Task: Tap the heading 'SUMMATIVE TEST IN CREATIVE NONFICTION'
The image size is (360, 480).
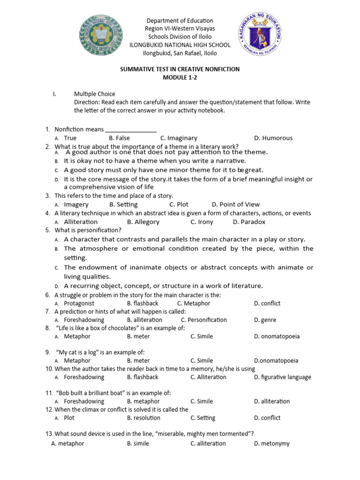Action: pyautogui.click(x=180, y=69)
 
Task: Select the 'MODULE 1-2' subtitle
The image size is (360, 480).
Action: pyautogui.click(x=180, y=78)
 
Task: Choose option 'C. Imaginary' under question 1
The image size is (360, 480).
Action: pyautogui.click(x=179, y=138)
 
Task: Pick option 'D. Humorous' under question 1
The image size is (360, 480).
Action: pyautogui.click(x=273, y=138)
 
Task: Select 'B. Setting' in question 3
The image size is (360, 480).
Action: pyautogui.click(x=123, y=204)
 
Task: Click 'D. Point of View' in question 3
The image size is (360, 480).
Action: pyautogui.click(x=236, y=204)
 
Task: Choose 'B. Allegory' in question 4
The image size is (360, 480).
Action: pyautogui.click(x=143, y=222)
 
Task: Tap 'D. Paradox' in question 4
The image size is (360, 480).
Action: pyautogui.click(x=249, y=222)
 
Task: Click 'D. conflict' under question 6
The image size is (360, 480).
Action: pyautogui.click(x=267, y=303)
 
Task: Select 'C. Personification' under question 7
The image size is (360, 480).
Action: pyautogui.click(x=204, y=320)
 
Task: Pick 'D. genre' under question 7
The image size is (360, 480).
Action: pyautogui.click(x=265, y=320)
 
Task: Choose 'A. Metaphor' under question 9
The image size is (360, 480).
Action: pyautogui.click(x=77, y=360)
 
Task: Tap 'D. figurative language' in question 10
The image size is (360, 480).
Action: pyautogui.click(x=283, y=377)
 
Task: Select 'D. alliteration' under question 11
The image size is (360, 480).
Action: pyautogui.click(x=272, y=401)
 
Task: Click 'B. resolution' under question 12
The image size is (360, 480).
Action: pyautogui.click(x=143, y=418)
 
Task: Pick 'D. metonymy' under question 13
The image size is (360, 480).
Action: pyautogui.click(x=272, y=443)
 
